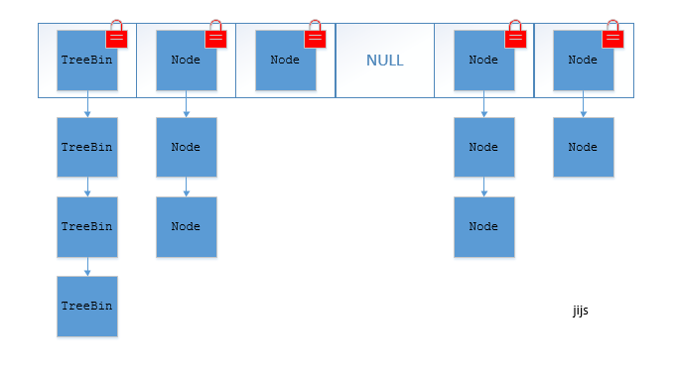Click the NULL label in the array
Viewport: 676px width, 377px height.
click(384, 61)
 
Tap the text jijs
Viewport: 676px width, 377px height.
click(581, 311)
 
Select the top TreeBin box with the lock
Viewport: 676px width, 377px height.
click(86, 61)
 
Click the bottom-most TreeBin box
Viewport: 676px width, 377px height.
click(86, 307)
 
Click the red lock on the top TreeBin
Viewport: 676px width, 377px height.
click(116, 36)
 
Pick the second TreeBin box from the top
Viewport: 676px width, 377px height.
click(86, 147)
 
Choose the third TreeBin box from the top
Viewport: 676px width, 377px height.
click(86, 226)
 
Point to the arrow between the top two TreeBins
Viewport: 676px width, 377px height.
click(87, 104)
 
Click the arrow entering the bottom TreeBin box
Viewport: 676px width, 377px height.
click(87, 266)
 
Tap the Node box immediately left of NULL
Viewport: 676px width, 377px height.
click(285, 61)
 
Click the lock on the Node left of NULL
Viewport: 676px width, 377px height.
click(315, 36)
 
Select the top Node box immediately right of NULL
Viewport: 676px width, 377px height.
click(483, 61)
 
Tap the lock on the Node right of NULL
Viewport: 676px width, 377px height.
click(514, 36)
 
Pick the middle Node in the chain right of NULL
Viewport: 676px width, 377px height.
click(483, 147)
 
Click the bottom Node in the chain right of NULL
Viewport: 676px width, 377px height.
click(483, 226)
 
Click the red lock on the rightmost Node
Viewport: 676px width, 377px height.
click(612, 36)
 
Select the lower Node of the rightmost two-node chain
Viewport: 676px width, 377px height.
click(583, 147)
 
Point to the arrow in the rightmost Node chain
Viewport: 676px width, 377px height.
click(584, 104)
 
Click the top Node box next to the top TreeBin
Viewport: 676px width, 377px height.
click(186, 61)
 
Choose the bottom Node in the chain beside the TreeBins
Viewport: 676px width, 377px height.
click(186, 226)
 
